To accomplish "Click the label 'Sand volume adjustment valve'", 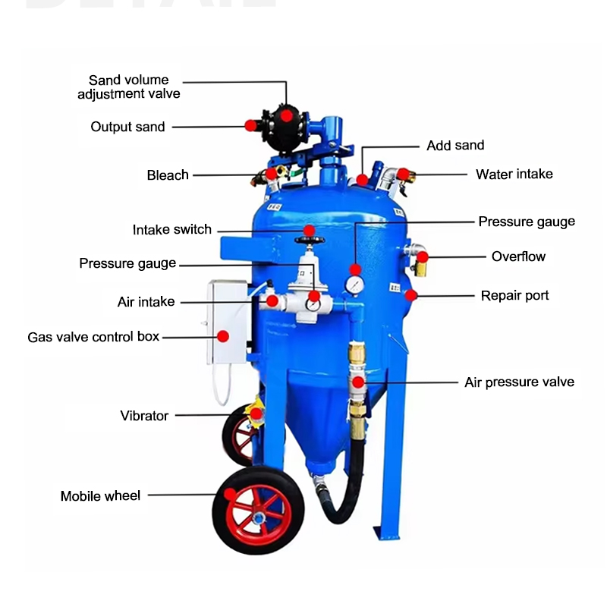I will pyautogui.click(x=129, y=86).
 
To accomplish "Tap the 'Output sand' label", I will pyautogui.click(x=127, y=127).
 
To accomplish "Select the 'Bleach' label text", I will pyautogui.click(x=168, y=175).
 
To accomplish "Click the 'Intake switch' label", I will pyautogui.click(x=172, y=230).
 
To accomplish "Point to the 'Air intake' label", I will pyautogui.click(x=146, y=302).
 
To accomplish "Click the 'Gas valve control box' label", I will pyautogui.click(x=93, y=336).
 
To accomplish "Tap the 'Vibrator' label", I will pyautogui.click(x=144, y=416).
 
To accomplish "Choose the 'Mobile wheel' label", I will pyautogui.click(x=100, y=496).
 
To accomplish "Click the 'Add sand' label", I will pyautogui.click(x=455, y=146).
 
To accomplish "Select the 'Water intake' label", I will pyautogui.click(x=514, y=175).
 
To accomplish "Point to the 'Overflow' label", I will pyautogui.click(x=518, y=256).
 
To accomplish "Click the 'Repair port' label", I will pyautogui.click(x=515, y=295).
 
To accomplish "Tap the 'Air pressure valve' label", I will pyautogui.click(x=519, y=382).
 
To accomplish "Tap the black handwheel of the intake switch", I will pyautogui.click(x=309, y=241).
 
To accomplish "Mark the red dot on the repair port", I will pyautogui.click(x=410, y=295).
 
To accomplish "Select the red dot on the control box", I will pyautogui.click(x=223, y=336).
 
